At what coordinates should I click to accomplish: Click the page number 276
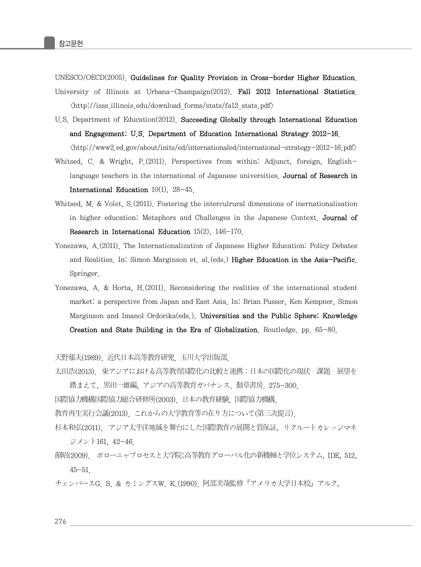pyautogui.click(x=61, y=522)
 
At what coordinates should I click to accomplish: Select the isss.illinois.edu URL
pyautogui.click(x=172, y=106)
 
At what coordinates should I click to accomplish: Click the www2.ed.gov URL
pyautogui.click(x=213, y=147)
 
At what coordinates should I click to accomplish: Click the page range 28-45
pyautogui.click(x=183, y=190)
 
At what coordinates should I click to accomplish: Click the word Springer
pyautogui.click(x=84, y=274)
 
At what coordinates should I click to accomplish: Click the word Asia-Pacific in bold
pyautogui.click(x=335, y=260)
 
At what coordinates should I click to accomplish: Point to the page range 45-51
pyautogui.click(x=79, y=470)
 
